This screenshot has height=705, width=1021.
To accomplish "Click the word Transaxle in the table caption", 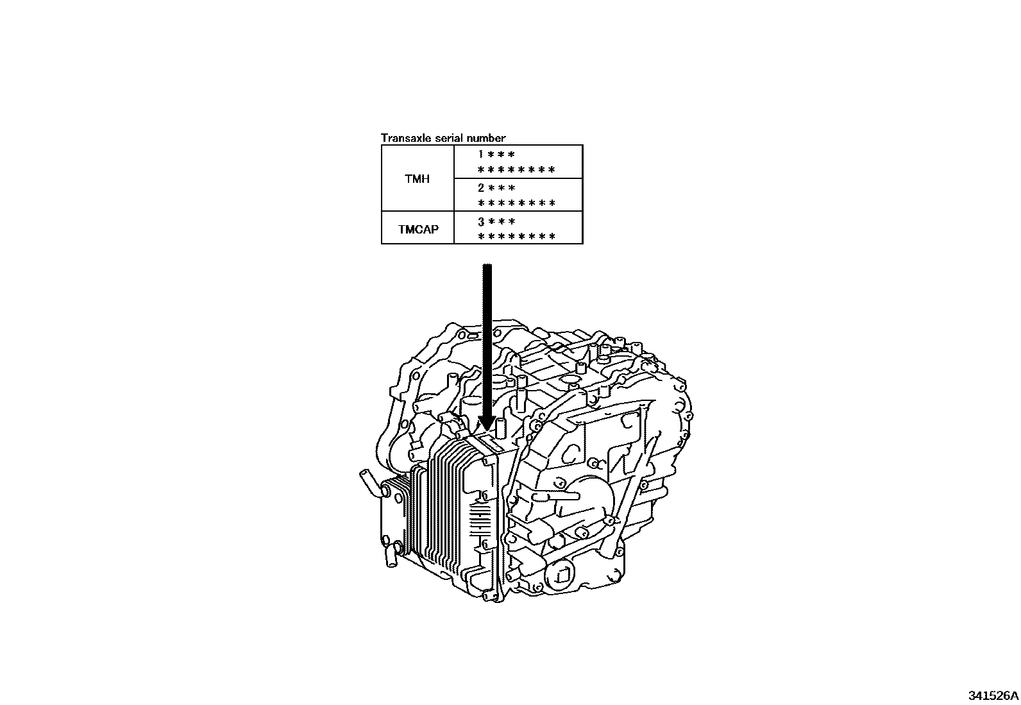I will click(401, 138).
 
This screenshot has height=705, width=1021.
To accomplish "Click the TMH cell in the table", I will click(417, 179).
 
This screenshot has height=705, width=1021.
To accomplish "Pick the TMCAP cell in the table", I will click(418, 229).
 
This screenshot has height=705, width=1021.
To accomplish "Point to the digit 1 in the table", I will click(480, 155).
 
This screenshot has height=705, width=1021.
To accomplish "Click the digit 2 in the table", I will click(480, 189).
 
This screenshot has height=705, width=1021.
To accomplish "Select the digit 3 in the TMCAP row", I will click(480, 222).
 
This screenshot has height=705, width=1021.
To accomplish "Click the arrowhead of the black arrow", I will click(487, 423).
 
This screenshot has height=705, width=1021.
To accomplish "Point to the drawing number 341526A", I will click(993, 695).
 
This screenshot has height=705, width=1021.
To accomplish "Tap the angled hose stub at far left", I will click(367, 481).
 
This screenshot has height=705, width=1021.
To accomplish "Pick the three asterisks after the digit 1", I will click(502, 155).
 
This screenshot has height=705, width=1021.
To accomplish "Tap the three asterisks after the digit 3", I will click(502, 222).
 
